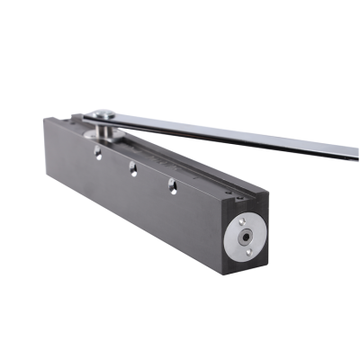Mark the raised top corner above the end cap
(x=263, y=190)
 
